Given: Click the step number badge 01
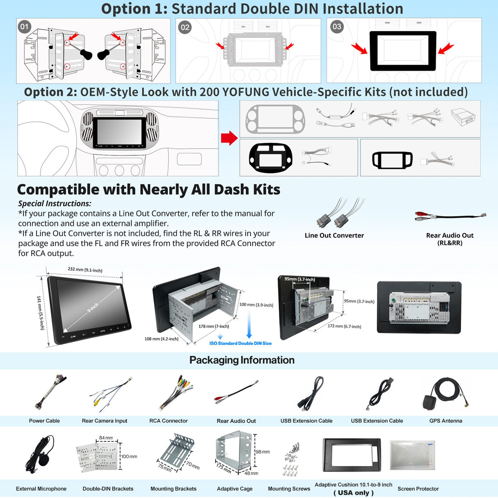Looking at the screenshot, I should (25, 27).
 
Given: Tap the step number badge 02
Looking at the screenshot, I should (185, 27).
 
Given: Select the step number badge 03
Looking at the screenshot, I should (337, 27).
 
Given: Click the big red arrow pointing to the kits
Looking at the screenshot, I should (229, 138).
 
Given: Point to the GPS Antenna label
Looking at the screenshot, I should (445, 421).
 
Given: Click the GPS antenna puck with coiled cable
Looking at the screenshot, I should (445, 393).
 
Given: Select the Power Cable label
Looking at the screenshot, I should (44, 421).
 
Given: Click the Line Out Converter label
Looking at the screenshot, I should (334, 235).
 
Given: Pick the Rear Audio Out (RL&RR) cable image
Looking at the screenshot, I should (450, 216).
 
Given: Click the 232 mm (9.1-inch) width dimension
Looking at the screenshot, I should (85, 270).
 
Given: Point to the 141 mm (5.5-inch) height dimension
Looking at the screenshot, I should (40, 313).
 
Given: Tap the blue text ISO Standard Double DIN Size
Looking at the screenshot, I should (240, 343).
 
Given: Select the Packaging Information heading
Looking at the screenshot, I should (242, 360).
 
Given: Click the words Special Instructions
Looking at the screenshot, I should (55, 203).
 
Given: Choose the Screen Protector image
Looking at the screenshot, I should (412, 455).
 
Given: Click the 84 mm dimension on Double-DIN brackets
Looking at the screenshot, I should (106, 438).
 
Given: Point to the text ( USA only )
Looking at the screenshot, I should (353, 493).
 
